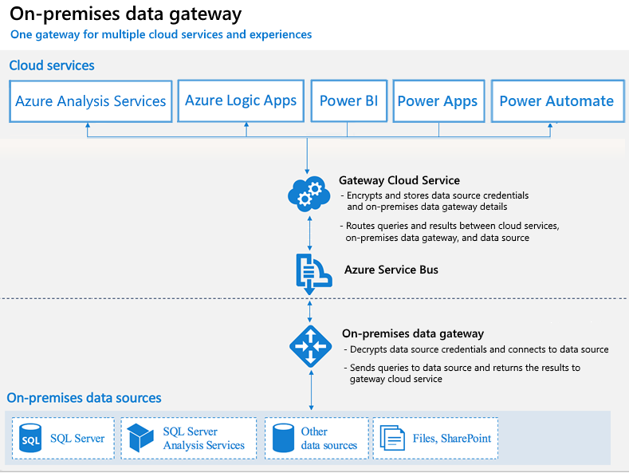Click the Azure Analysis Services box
91,101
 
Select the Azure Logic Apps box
241,101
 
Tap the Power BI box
349,101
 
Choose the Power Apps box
438,101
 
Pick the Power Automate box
557,101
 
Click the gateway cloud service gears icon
309,194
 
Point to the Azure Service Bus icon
313,273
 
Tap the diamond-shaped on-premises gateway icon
310,346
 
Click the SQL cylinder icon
30,439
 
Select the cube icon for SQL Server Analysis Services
140,438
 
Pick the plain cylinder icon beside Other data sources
283,438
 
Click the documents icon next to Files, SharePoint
392,438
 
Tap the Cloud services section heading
52,65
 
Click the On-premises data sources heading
84,398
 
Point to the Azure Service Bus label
391,270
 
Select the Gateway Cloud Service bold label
399,180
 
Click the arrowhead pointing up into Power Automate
550,126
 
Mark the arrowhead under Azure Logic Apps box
246,124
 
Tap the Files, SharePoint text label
452,438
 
